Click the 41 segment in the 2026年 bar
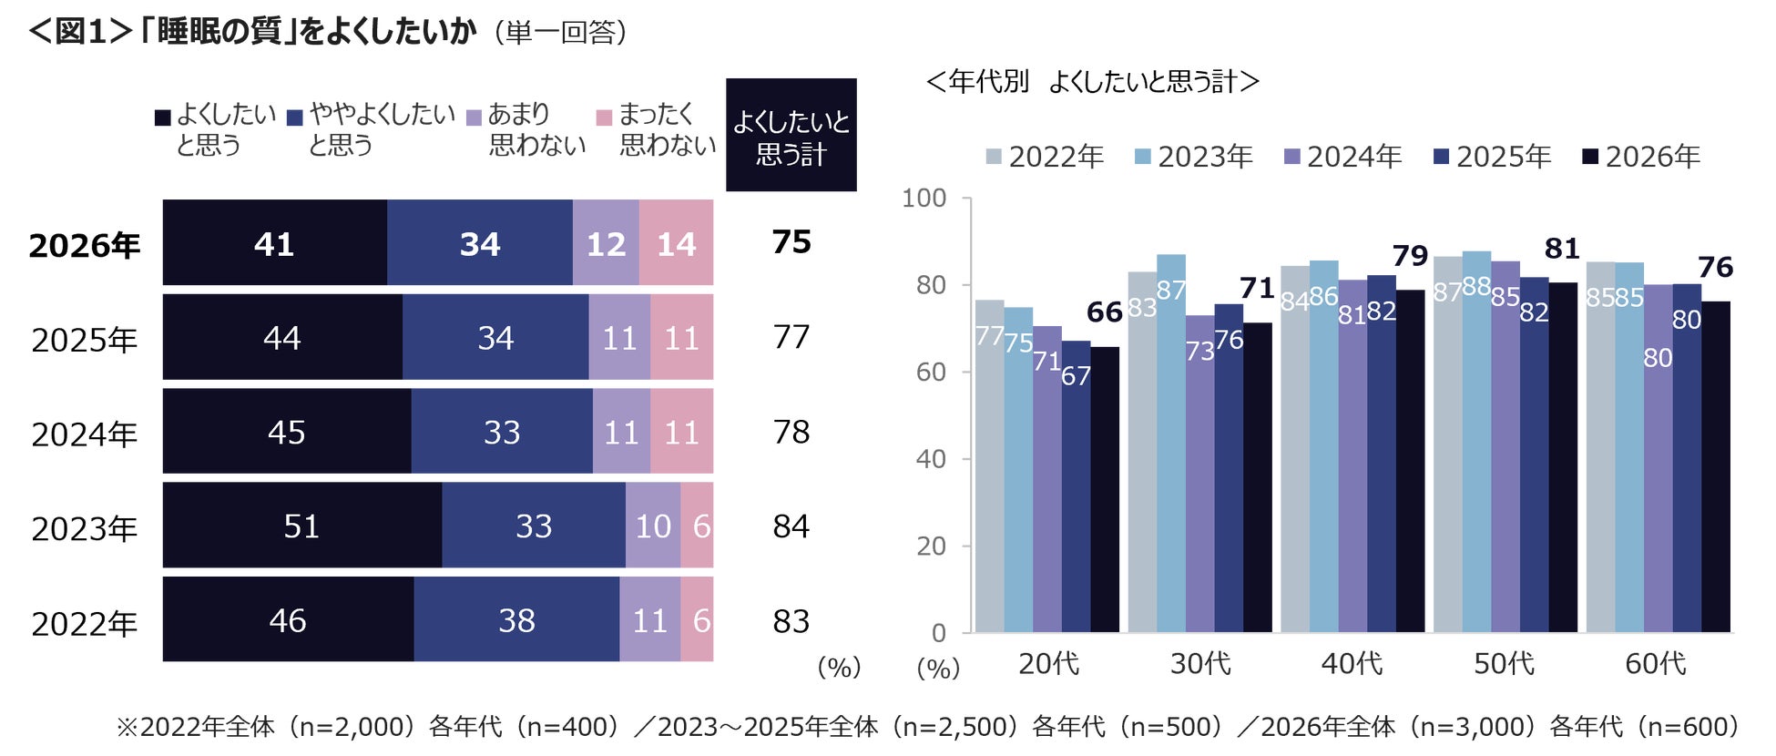tap(274, 243)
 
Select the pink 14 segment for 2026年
tap(676, 243)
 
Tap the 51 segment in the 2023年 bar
tap(301, 526)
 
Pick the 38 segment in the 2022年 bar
tap(516, 620)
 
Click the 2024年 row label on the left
tap(84, 434)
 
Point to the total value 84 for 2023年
tap(791, 526)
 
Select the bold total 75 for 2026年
tap(791, 242)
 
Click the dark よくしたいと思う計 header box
tap(791, 136)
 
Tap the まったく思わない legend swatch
tap(603, 117)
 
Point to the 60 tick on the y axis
tap(931, 372)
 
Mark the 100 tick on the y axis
tap(924, 198)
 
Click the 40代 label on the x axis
tap(1352, 663)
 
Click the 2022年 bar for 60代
tap(1600, 446)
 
